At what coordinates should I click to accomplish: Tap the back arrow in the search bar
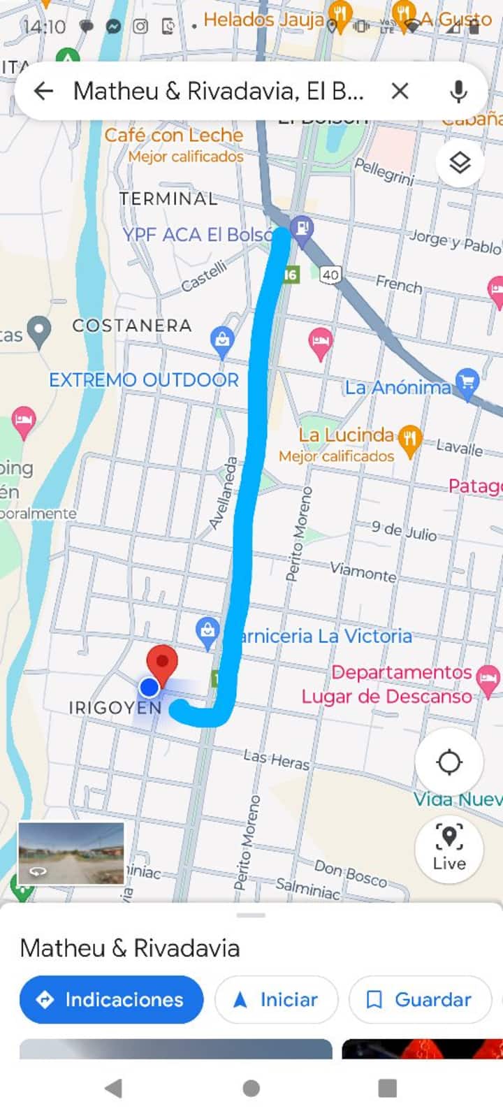click(x=43, y=91)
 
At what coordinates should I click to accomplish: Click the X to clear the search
click(x=400, y=91)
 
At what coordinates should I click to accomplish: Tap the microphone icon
click(x=458, y=91)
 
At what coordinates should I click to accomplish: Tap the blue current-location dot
click(x=150, y=688)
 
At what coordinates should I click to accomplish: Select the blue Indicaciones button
click(x=112, y=999)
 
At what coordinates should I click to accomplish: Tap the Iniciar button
click(x=277, y=999)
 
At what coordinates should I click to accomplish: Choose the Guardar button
click(x=419, y=999)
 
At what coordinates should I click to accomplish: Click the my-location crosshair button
click(x=449, y=762)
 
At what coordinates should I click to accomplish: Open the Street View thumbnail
click(x=71, y=852)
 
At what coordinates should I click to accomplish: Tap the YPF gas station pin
click(x=302, y=228)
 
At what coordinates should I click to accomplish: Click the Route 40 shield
click(x=330, y=275)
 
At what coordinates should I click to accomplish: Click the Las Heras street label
click(x=276, y=760)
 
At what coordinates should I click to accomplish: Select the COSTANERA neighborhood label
click(x=132, y=326)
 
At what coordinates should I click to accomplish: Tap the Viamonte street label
click(x=363, y=572)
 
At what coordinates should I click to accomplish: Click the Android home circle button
click(x=251, y=1088)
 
